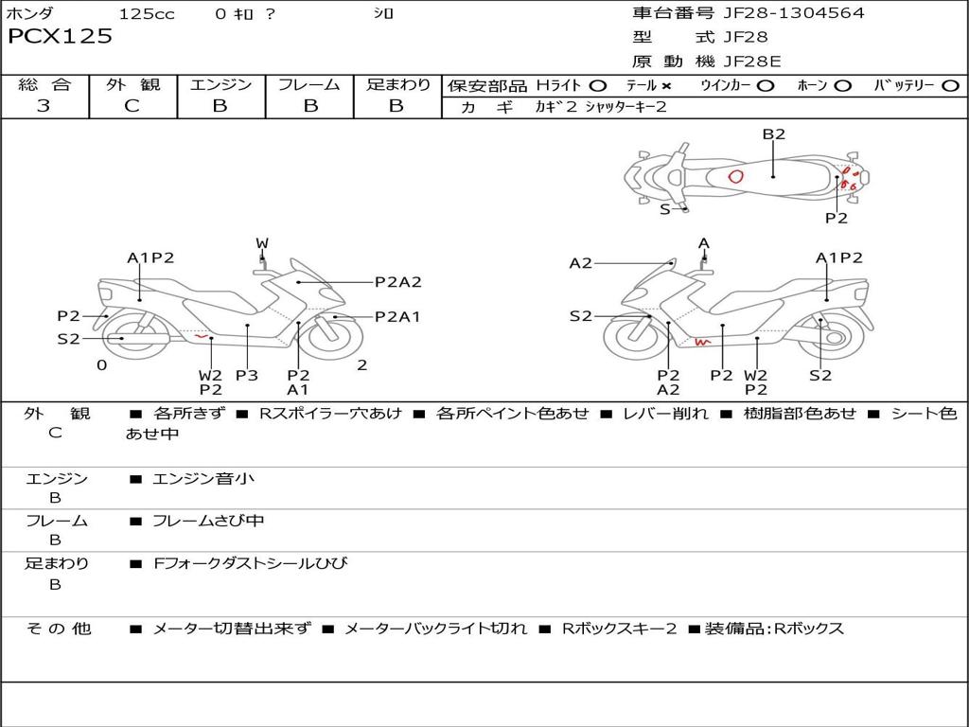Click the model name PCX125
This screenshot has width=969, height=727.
pos(60,37)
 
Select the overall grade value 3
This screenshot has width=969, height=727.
pos(44,106)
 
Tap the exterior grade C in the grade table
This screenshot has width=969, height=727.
pos(132,106)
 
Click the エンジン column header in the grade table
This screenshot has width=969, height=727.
pos(220,85)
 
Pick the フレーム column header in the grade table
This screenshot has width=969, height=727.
pos(309,85)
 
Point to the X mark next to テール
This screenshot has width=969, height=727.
pos(666,85)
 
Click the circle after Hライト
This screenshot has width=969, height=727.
pos(598,86)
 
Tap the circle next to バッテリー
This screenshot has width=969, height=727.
pos(950,86)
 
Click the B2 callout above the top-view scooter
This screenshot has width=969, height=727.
pos(774,134)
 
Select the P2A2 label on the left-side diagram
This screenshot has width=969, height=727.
pos(397,281)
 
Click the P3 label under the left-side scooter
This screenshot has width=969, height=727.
pos(247,375)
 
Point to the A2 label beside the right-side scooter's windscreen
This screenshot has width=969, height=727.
pos(580,263)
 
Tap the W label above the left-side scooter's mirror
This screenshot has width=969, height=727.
pos(262,244)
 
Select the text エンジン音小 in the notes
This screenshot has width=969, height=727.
pos(203,479)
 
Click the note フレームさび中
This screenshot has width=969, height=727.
pos(208,521)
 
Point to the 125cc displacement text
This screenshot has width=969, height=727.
pos(147,13)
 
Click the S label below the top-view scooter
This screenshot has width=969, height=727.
pos(664,209)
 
